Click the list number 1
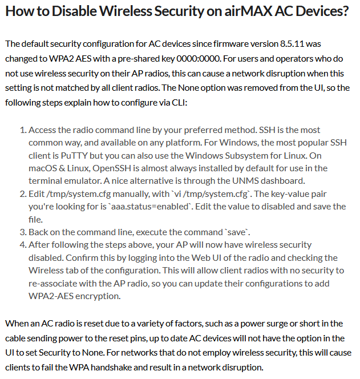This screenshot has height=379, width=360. (x=23, y=131)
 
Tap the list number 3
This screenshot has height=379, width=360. (x=23, y=231)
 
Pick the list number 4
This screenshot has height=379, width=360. (x=23, y=244)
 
